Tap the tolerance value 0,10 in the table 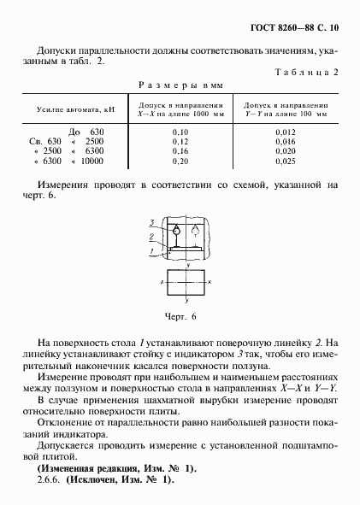pos(180,131)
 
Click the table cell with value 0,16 pos(180,150)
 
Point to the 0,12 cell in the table pos(180,141)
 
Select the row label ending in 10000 pos(68,161)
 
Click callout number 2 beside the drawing pos(150,236)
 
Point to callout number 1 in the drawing pos(150,250)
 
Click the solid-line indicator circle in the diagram pos(174,231)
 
